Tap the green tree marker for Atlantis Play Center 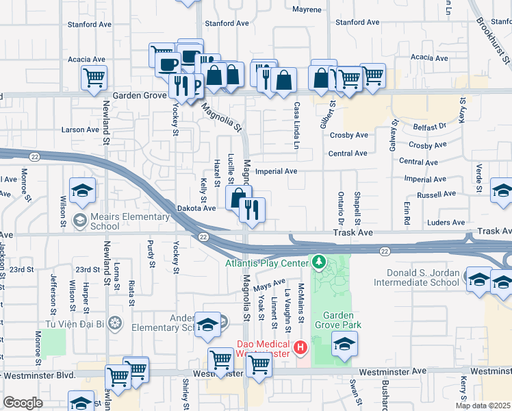pyautogui.click(x=318, y=262)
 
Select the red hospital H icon pyautogui.click(x=300, y=349)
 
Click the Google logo pyautogui.click(x=23, y=403)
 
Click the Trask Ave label pyautogui.click(x=353, y=233)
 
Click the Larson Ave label pyautogui.click(x=80, y=129)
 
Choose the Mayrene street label pyautogui.click(x=307, y=10)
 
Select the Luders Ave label pyautogui.click(x=445, y=223)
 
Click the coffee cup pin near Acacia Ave pyautogui.click(x=168, y=64)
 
